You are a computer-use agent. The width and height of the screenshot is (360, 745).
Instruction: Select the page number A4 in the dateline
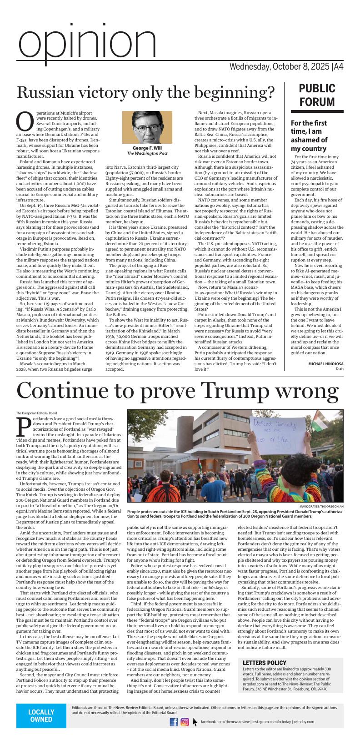coord(338,67)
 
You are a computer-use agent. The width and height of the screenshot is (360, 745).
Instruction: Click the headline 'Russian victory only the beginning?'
coord(146,93)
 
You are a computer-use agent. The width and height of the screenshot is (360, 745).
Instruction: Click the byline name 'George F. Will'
coord(147,148)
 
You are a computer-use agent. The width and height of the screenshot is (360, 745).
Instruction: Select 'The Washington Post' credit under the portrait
coord(147,154)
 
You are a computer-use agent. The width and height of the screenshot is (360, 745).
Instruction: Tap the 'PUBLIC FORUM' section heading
coord(317,95)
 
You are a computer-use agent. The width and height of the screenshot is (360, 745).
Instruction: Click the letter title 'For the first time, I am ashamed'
coord(309,136)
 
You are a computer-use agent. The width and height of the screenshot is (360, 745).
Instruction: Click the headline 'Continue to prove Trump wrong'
coord(177,391)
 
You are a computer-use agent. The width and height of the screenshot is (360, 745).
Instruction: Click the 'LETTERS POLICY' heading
coord(265,663)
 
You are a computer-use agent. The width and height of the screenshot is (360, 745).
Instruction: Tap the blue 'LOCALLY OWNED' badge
coord(41,715)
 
